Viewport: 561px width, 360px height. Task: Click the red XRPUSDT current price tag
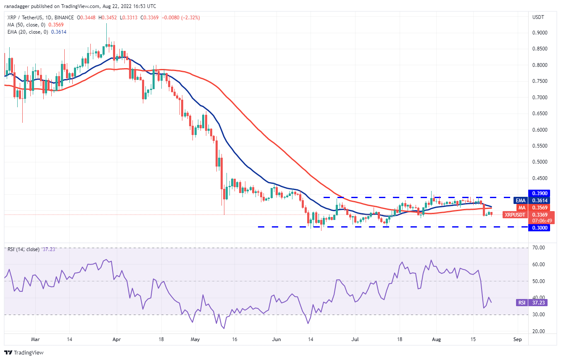pyautogui.click(x=515, y=214)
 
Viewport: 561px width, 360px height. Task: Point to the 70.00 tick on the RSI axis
pyautogui.click(x=538, y=248)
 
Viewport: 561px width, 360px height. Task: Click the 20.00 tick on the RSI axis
pyautogui.click(x=538, y=331)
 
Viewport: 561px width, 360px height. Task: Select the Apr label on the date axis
pyautogui.click(x=117, y=339)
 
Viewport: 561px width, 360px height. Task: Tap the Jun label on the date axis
pyautogui.click(x=276, y=339)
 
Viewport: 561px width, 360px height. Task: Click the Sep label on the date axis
pyautogui.click(x=517, y=339)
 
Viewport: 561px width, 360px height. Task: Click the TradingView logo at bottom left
pyautogui.click(x=24, y=352)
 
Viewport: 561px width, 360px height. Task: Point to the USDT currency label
pyautogui.click(x=538, y=17)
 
